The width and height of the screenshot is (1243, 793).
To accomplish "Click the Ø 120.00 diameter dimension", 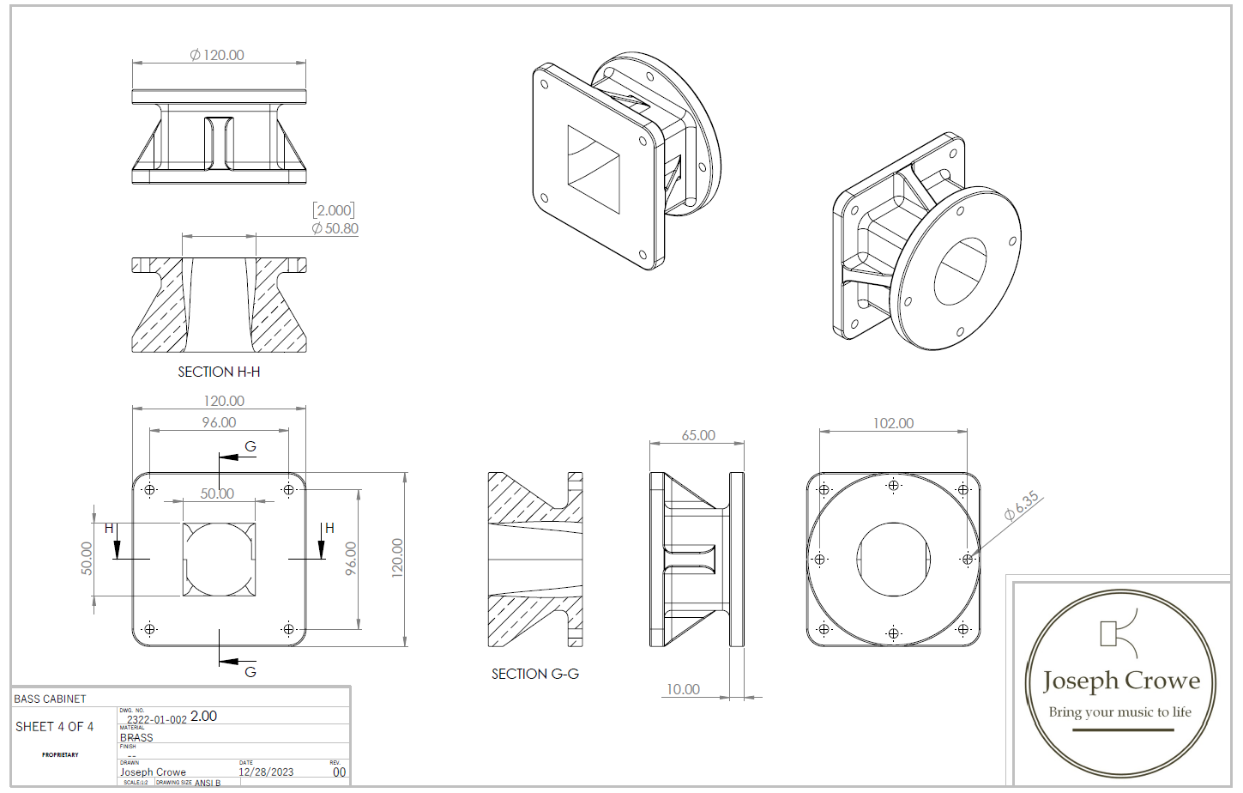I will [x=217, y=55].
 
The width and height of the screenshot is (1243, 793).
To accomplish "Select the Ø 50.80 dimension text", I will [x=335, y=228].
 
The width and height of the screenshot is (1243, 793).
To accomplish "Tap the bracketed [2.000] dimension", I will [x=334, y=210].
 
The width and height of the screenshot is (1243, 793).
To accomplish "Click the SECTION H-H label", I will [x=219, y=372].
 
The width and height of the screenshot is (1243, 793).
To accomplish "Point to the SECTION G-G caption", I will [x=535, y=674].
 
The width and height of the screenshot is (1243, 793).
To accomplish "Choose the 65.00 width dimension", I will [x=698, y=435].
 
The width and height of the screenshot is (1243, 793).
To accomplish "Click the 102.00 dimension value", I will [x=893, y=423].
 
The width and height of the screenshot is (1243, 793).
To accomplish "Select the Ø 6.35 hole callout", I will [x=1022, y=505].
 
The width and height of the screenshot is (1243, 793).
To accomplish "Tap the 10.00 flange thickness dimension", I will [x=683, y=689].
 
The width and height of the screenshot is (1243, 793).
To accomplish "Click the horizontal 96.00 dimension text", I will [x=219, y=422].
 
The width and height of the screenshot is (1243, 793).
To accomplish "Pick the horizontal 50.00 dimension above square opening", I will [x=217, y=493].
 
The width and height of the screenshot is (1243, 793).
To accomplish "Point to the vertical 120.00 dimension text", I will [x=397, y=558].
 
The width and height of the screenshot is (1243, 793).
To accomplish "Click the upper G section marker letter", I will [x=250, y=446].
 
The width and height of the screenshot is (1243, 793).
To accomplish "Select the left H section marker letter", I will [x=109, y=528].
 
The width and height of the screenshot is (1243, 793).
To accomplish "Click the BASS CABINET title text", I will [x=50, y=699].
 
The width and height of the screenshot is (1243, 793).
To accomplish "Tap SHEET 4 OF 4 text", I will [x=54, y=726].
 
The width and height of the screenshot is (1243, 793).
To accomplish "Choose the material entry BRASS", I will [x=136, y=737].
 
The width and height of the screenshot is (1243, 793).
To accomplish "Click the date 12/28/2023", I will [x=266, y=772].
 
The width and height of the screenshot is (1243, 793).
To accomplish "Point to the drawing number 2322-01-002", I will [x=156, y=719].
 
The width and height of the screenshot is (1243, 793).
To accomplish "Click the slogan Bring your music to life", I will [x=1119, y=711].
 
